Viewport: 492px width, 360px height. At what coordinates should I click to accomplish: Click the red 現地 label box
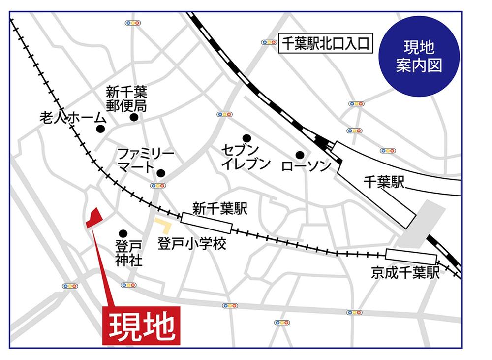click(142, 325)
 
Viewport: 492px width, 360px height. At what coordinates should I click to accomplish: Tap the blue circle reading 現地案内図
click(419, 56)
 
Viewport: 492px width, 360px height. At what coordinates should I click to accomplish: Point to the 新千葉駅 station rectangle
click(206, 223)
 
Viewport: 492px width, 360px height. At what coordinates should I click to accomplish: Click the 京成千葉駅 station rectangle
click(411, 257)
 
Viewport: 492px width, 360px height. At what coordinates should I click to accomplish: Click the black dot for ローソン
click(300, 154)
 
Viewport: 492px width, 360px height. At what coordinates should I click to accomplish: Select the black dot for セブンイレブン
click(246, 138)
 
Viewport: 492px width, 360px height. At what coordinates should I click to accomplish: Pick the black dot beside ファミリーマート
click(160, 173)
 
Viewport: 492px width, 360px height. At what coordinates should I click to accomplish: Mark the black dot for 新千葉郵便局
click(134, 117)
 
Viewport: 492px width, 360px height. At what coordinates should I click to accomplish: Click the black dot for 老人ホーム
click(101, 129)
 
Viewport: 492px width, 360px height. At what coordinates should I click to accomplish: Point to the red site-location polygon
click(93, 218)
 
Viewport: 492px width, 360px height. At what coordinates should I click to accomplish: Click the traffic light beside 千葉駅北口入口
click(269, 43)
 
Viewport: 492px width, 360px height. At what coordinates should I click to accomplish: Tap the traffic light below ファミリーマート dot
click(158, 186)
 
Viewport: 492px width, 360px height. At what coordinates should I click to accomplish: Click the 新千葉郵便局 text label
click(127, 98)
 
